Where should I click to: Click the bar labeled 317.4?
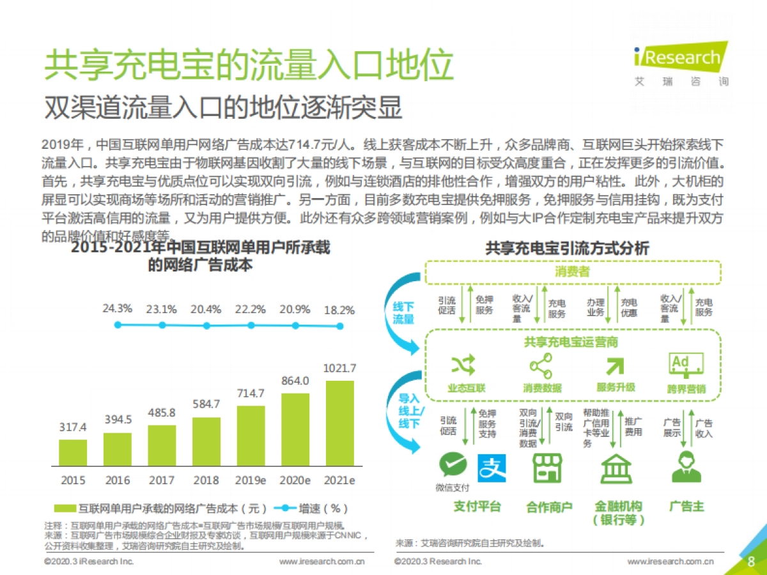73,452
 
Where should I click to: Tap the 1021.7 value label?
340,368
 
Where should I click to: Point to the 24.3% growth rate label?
118,309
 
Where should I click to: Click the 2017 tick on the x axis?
162,480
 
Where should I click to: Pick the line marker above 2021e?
340,325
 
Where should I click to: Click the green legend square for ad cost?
64,509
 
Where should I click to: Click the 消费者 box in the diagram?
572,272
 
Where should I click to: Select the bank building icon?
616,470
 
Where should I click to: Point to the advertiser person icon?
686,467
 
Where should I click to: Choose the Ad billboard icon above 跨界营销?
686,364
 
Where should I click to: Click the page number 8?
751,562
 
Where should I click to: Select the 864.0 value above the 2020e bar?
295,380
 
